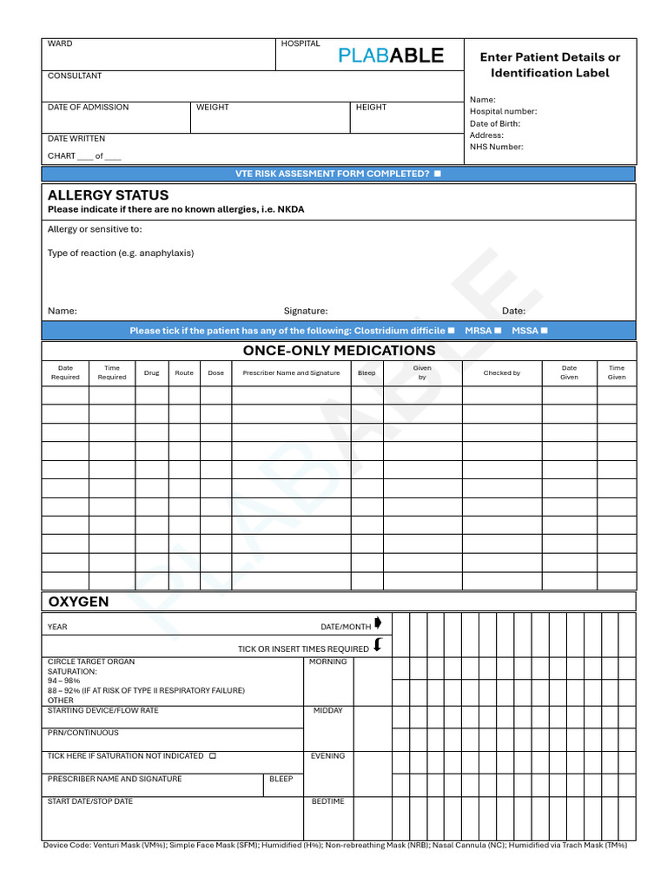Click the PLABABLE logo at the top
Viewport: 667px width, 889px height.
391,56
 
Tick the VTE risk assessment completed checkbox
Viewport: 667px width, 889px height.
437,174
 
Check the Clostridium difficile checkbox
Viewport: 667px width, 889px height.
451,330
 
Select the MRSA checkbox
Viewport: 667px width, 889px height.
498,330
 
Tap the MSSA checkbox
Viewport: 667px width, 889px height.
545,330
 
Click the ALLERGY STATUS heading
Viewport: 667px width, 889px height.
108,195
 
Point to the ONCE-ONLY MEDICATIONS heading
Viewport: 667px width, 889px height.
339,351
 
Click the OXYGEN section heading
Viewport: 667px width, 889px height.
78,602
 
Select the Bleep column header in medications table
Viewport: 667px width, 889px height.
367,373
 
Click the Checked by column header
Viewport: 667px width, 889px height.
502,373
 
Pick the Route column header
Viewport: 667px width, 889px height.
184,373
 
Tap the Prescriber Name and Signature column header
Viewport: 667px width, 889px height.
291,373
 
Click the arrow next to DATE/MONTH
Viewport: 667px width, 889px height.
378,623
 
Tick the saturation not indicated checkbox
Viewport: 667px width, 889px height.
213,756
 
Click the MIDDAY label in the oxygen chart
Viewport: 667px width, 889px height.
327,711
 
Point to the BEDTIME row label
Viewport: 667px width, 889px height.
327,801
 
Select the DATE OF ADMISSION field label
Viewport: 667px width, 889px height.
88,108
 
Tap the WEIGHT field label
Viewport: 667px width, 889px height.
213,108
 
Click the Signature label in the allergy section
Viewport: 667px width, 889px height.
306,311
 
